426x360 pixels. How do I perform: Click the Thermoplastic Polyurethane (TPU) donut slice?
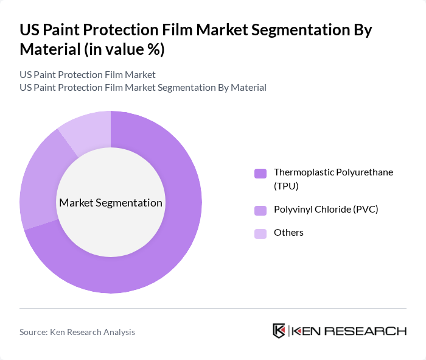click(x=176, y=244)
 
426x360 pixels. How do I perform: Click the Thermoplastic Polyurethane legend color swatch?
click(x=260, y=173)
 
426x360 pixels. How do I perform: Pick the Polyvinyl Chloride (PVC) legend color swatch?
click(x=260, y=210)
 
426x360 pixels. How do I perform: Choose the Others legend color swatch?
click(x=260, y=233)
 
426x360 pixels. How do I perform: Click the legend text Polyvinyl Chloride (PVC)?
click(x=326, y=210)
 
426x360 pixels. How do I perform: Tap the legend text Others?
click(x=288, y=233)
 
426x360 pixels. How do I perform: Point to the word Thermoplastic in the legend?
click(x=302, y=172)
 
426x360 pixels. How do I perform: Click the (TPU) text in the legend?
click(x=287, y=186)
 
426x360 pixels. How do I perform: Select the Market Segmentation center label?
click(x=111, y=203)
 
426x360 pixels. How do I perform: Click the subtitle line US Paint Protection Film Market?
click(x=87, y=74)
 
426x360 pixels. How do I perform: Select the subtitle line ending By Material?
click(x=142, y=87)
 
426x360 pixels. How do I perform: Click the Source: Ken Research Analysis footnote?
click(x=77, y=332)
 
